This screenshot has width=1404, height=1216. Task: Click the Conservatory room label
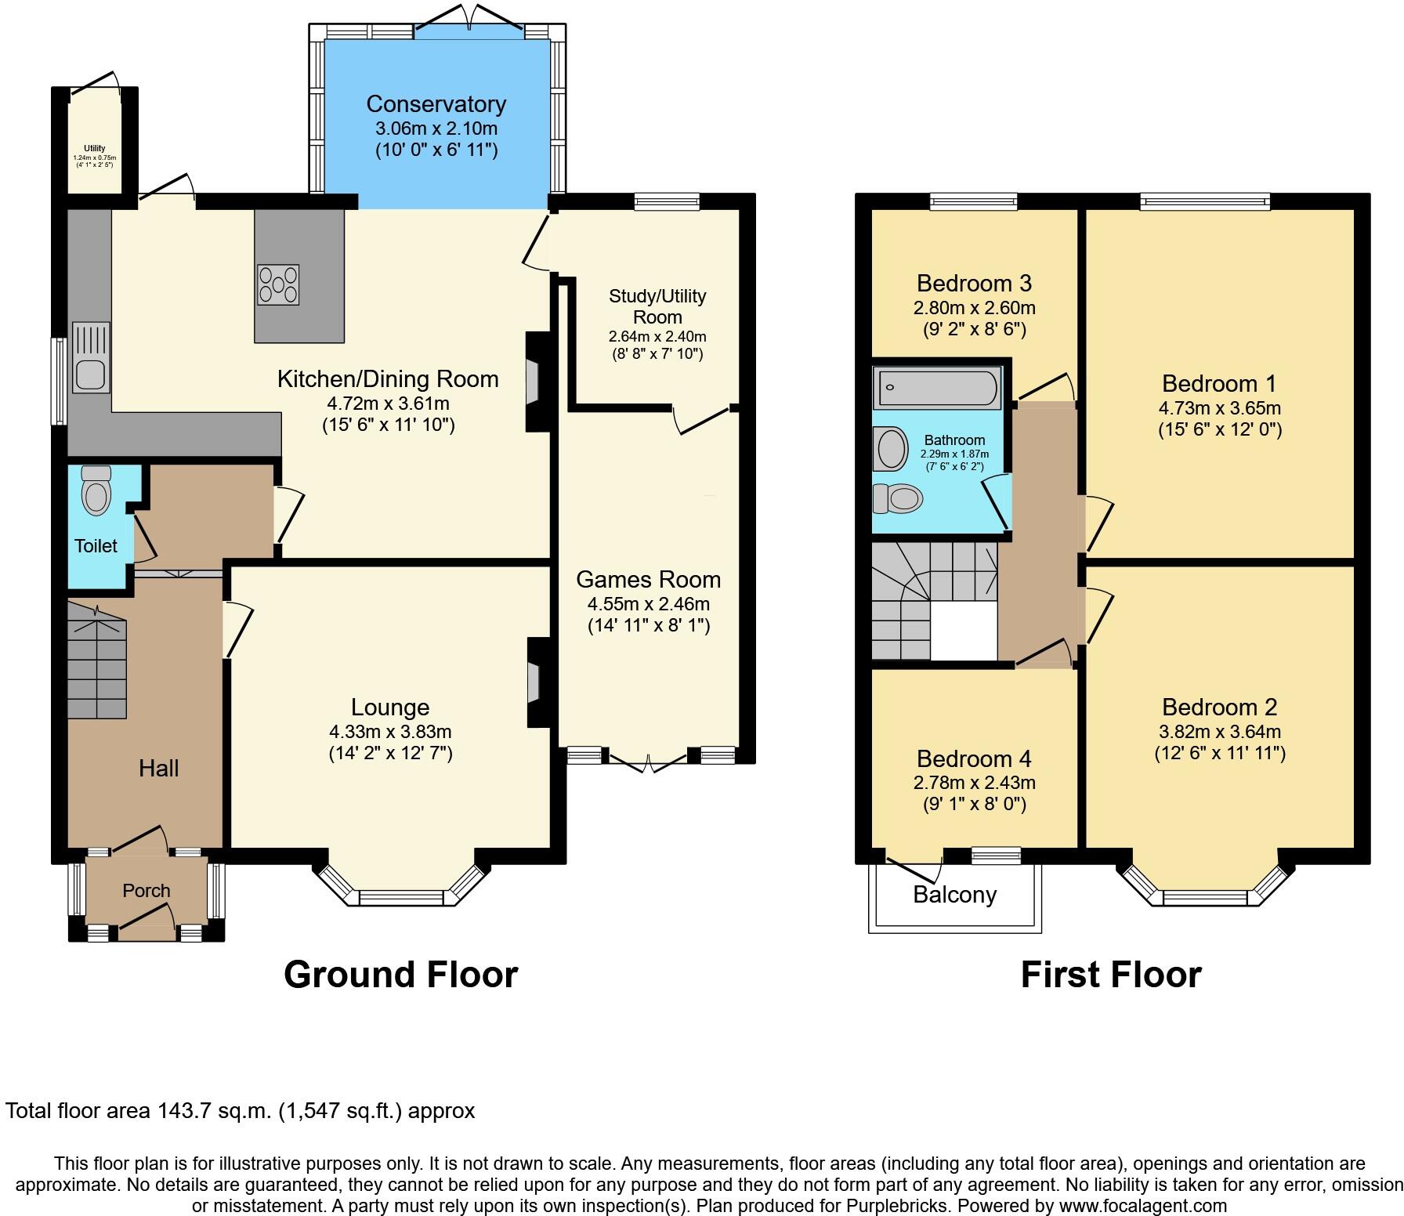[x=436, y=103]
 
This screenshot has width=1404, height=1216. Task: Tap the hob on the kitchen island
[x=278, y=284]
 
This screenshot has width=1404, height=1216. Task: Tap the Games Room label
[x=648, y=579]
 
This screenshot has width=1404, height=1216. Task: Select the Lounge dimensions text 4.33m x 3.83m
[x=390, y=732]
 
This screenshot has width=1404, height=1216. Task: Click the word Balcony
[x=954, y=895]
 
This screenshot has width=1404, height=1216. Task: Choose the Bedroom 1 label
[x=1219, y=383]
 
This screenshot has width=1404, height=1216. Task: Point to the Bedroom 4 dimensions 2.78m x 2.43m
[x=975, y=783]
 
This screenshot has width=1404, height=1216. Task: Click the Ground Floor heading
[x=400, y=974]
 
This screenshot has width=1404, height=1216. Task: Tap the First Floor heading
[x=1111, y=974]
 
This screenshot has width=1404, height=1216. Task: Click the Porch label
[x=147, y=890]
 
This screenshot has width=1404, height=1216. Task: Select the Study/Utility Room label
[x=657, y=306]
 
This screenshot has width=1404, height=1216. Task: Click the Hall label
[x=159, y=768]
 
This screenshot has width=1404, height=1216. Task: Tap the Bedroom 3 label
[x=974, y=282]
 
